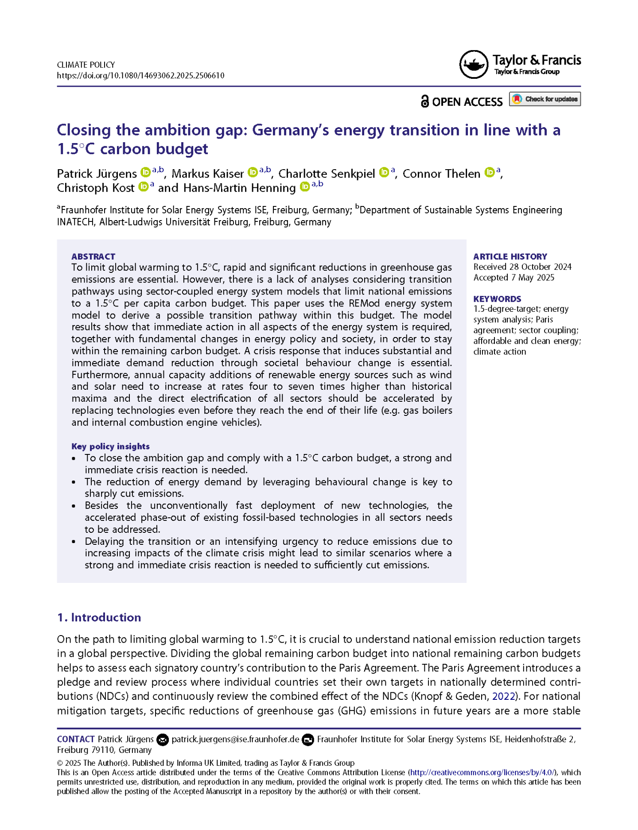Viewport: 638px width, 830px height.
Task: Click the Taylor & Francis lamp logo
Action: click(474, 65)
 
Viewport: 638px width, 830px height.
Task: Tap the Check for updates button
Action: click(545, 99)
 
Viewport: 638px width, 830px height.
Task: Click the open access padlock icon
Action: click(424, 101)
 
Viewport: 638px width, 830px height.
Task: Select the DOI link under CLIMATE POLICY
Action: click(140, 76)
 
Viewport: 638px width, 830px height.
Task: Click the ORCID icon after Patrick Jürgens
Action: click(145, 172)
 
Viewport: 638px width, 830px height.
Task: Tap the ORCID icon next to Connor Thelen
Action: click(489, 172)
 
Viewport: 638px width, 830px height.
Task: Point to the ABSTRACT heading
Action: click(93, 256)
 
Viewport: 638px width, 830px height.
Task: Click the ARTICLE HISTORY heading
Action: click(510, 256)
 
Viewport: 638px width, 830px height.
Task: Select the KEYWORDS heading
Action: click(497, 299)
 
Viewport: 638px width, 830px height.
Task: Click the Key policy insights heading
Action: click(110, 446)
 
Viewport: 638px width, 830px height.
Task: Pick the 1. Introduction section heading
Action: click(99, 617)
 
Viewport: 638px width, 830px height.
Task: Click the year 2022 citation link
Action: click(504, 696)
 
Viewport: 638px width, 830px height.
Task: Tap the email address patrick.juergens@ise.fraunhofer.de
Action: click(235, 739)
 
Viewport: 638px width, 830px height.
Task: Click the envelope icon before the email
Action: click(163, 740)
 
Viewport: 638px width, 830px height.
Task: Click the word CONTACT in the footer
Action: click(76, 739)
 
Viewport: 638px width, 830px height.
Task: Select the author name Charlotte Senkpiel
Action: click(327, 174)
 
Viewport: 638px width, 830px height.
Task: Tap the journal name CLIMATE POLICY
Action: click(86, 65)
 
